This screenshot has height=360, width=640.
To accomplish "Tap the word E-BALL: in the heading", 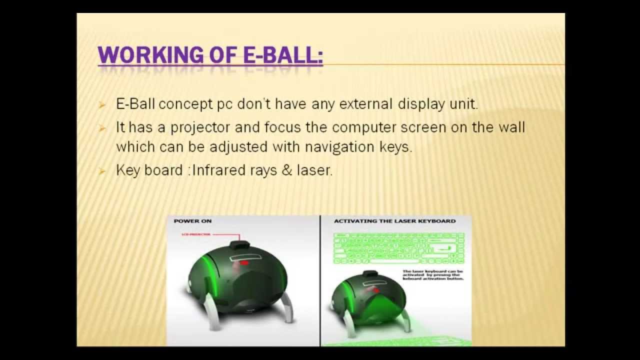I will [279, 55].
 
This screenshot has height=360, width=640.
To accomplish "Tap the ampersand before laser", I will [286, 170].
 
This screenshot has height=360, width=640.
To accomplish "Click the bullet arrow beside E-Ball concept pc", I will [102, 105].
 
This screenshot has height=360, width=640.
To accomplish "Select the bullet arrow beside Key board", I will [102, 171].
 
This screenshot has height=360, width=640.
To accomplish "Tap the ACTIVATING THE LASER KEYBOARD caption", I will [394, 220].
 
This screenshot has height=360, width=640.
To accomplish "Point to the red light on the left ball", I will [244, 262].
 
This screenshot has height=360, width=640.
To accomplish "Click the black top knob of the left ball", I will [240, 245].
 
